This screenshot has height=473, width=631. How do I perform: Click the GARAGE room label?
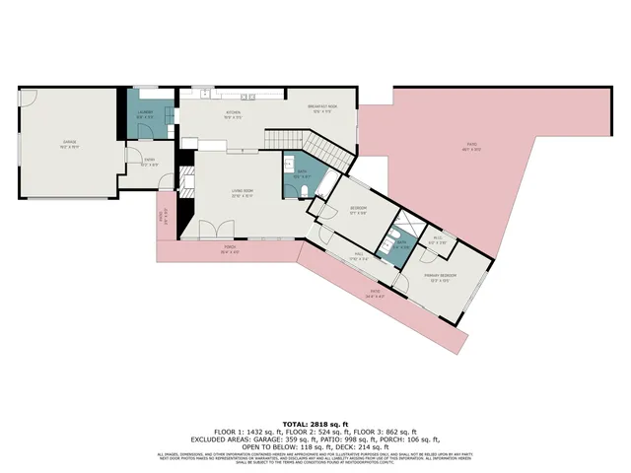coord(70,144)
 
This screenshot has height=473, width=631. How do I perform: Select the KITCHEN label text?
coord(233,113)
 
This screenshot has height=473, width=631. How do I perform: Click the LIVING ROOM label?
coord(243,192)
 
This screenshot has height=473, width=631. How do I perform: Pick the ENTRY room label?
coord(149,161)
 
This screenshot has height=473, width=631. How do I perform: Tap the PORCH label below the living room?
coord(228,248)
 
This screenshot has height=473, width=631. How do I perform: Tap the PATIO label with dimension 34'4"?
coord(376,292)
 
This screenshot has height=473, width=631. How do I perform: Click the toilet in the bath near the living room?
coord(306,190)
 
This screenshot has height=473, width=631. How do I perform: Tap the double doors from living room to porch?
coord(208,232)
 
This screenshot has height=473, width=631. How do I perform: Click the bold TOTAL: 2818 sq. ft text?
coord(315,419)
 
